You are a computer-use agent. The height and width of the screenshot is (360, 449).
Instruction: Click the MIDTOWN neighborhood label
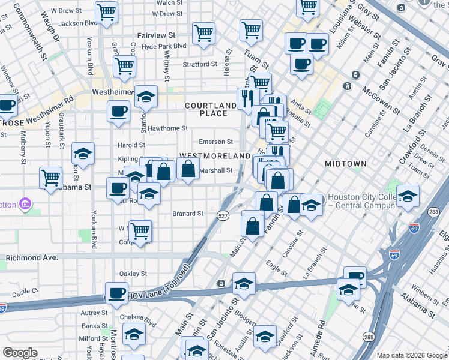[x=345, y=164]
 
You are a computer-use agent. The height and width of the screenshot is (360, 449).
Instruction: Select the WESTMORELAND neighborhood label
[x=214, y=156]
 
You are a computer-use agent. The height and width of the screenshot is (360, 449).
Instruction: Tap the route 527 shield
[x=223, y=216]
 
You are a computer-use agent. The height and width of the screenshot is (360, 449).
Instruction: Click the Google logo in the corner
[x=20, y=353]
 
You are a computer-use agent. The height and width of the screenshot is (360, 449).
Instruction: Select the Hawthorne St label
[x=168, y=128]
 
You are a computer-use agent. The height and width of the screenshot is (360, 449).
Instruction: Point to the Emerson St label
[x=216, y=142]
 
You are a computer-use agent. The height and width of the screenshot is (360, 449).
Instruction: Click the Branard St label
[x=188, y=213]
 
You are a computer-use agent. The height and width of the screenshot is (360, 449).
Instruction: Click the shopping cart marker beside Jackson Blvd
[x=106, y=12]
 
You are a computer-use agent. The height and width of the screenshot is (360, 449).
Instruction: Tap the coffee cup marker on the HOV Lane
[x=116, y=293]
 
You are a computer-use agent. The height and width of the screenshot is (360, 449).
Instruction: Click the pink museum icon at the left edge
[x=25, y=204]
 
